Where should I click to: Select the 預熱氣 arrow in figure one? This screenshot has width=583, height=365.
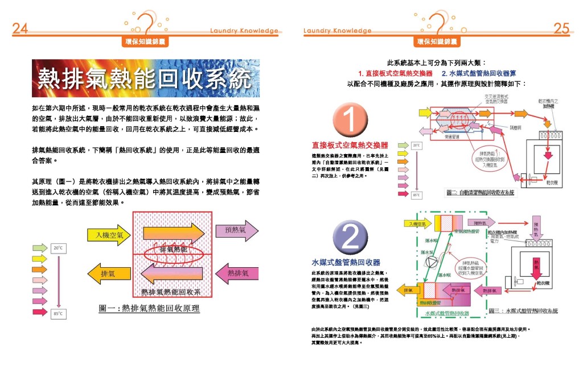231,230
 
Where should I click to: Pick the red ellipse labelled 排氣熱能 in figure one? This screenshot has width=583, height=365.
174,250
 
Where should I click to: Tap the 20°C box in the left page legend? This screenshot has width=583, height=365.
58,248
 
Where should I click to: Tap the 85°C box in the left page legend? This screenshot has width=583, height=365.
58,313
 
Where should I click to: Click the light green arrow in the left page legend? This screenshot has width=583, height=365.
40,248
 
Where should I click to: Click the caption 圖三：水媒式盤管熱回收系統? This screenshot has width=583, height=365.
523,311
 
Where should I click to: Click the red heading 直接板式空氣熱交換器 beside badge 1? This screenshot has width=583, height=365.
350,146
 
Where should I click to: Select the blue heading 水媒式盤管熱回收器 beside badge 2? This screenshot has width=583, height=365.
346,263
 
